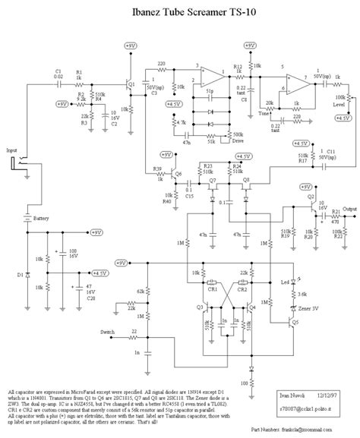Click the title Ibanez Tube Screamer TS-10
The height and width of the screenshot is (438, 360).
pyautogui.click(x=180, y=10)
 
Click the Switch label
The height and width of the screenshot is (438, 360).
pyautogui.click(x=109, y=332)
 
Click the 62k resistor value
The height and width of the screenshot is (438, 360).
pyautogui.click(x=140, y=291)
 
